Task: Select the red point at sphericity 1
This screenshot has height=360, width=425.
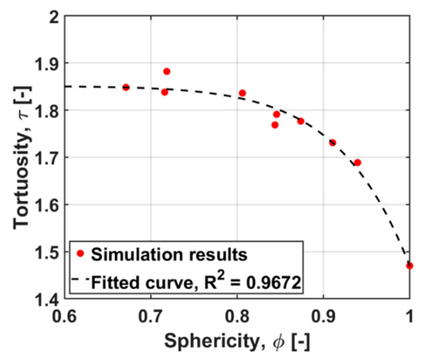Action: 410,266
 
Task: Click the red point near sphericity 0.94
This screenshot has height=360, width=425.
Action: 358,162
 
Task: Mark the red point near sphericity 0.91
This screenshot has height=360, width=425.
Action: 332,142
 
